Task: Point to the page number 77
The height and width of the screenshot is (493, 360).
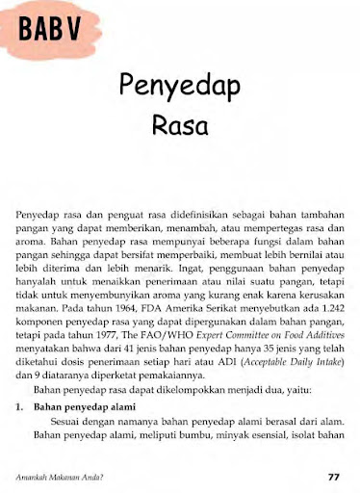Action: point(334,476)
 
